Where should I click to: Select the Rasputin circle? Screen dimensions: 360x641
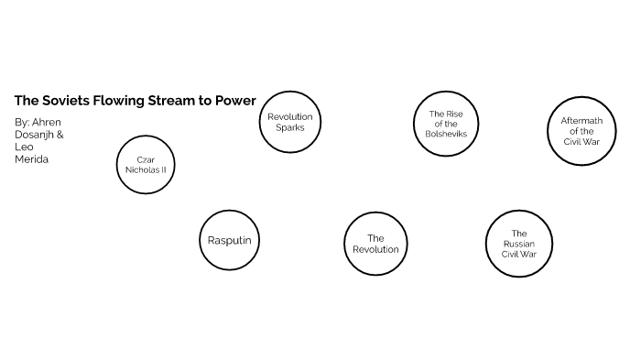pyautogui.click(x=229, y=241)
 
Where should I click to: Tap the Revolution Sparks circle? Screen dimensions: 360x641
pyautogui.click(x=289, y=122)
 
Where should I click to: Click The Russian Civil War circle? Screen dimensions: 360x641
pyautogui.click(x=518, y=245)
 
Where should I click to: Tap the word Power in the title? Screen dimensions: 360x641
pyautogui.click(x=235, y=100)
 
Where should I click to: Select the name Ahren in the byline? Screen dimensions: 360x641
pyautogui.click(x=46, y=121)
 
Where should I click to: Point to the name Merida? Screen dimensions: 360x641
pyautogui.click(x=30, y=158)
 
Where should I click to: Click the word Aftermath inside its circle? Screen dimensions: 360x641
pyautogui.click(x=581, y=121)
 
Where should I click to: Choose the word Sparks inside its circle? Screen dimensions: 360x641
pyautogui.click(x=289, y=127)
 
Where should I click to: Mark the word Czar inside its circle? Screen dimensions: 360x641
pyautogui.click(x=145, y=159)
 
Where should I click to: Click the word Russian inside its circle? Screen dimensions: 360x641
pyautogui.click(x=518, y=245)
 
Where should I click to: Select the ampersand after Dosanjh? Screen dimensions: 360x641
pyautogui.click(x=60, y=134)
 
